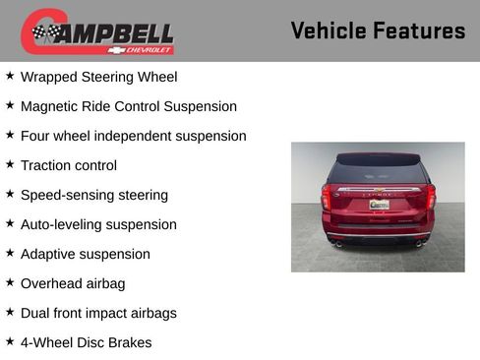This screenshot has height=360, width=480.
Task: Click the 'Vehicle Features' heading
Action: click(378, 30)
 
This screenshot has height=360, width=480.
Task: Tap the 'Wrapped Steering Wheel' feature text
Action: click(98, 77)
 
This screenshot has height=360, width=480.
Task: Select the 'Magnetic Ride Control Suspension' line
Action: click(128, 106)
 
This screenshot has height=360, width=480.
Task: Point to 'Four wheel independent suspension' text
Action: click(133, 136)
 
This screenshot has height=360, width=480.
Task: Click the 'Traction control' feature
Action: click(68, 165)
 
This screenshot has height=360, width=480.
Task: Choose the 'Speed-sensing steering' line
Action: click(93, 195)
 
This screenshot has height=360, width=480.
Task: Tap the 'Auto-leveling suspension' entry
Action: click(98, 224)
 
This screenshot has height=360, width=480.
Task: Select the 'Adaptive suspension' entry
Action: click(85, 254)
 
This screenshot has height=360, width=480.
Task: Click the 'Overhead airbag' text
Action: click(73, 283)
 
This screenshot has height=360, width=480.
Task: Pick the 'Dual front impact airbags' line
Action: click(98, 313)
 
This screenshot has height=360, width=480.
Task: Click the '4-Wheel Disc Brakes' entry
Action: click(86, 342)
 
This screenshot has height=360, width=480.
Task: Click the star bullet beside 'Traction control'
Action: click(10, 164)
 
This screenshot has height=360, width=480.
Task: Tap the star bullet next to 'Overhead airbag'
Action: click(10, 282)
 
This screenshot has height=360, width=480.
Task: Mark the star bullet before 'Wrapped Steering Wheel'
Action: click(10, 76)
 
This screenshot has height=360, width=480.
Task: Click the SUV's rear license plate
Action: click(379, 205)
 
